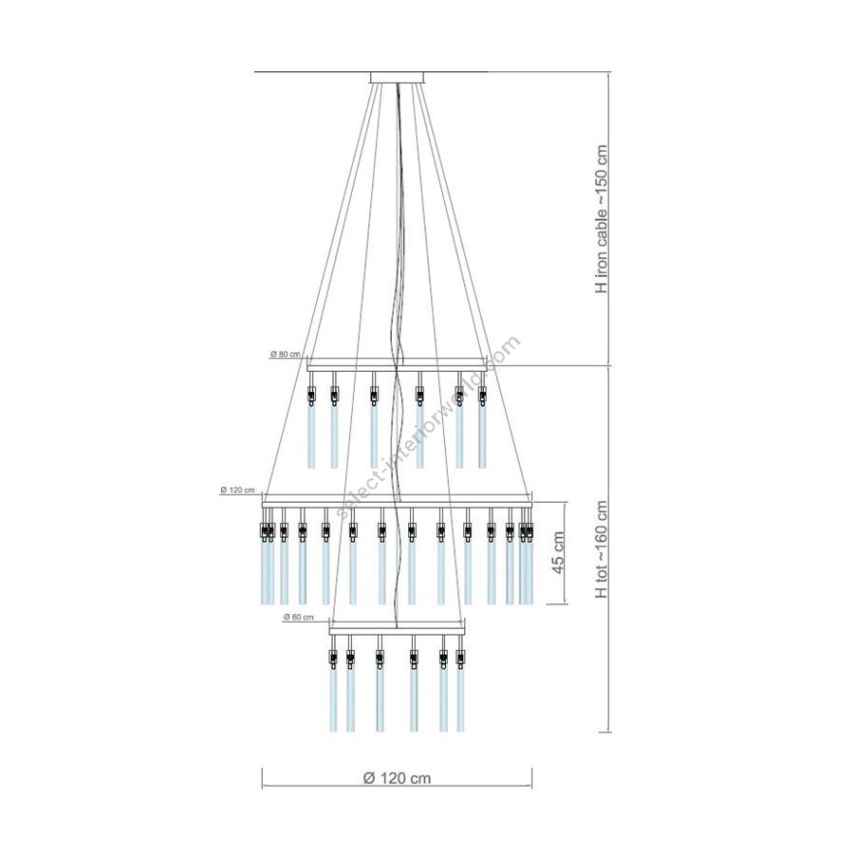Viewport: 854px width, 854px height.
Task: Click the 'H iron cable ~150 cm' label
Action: click(601, 219)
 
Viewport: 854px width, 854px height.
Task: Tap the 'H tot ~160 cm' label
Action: click(601, 549)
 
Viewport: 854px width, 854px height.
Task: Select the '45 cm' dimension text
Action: click(558, 553)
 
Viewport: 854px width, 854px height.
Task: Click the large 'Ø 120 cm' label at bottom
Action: click(397, 778)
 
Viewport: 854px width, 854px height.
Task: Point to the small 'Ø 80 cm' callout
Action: click(285, 354)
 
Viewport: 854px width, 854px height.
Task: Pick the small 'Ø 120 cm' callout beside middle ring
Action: click(237, 491)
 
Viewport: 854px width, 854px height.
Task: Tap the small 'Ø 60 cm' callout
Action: click(299, 617)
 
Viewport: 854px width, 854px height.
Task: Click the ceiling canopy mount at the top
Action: click(398, 78)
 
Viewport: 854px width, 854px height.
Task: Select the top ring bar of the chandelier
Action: click(397, 369)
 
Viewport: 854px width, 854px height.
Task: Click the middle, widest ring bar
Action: click(397, 505)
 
